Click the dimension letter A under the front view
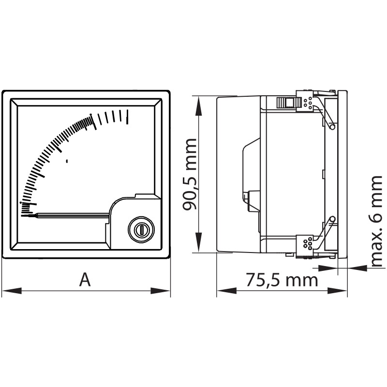(x=85, y=280)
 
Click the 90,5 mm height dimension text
(x=190, y=174)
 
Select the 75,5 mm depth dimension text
(x=282, y=280)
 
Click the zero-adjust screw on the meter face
(x=141, y=229)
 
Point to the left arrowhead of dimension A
(x=11, y=291)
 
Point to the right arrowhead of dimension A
(x=161, y=291)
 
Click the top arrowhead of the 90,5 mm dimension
(x=199, y=105)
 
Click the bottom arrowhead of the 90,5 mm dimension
(x=199, y=242)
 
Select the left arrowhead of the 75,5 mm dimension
(x=226, y=291)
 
